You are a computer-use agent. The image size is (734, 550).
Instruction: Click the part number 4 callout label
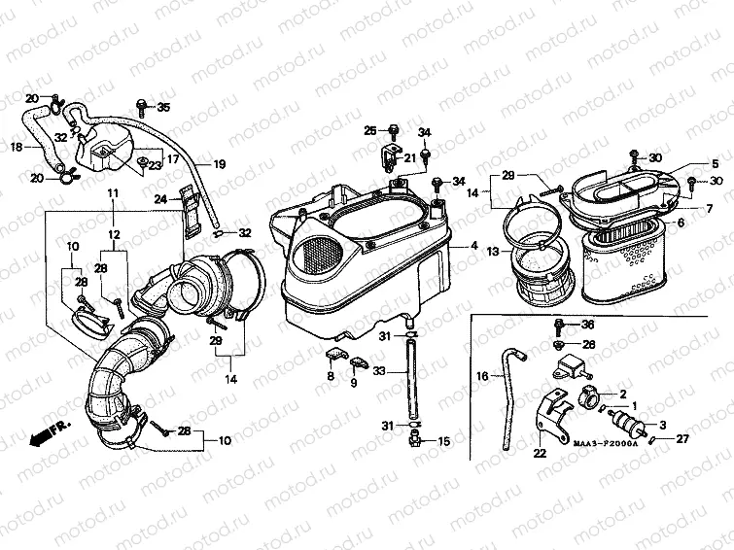(474, 247)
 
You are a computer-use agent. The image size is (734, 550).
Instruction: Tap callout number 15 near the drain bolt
(444, 442)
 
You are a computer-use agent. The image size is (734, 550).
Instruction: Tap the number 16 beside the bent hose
(481, 375)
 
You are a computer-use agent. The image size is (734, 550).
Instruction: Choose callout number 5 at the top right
(715, 163)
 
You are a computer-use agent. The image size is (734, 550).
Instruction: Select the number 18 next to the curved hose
(16, 147)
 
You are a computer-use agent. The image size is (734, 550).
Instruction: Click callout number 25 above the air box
(370, 131)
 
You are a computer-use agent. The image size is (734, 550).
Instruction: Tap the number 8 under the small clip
(330, 376)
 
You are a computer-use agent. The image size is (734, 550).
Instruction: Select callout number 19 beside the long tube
(219, 164)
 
